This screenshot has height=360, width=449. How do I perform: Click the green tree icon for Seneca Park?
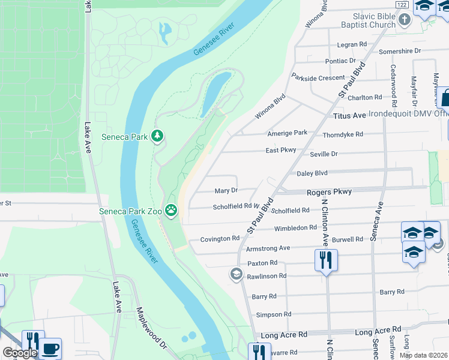click(x=157, y=136)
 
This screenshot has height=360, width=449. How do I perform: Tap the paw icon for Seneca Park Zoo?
click(x=172, y=210)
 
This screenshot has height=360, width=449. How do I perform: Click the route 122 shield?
click(x=402, y=4)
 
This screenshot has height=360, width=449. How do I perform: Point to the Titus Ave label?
click(x=349, y=115)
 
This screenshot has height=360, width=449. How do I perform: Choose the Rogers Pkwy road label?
click(x=328, y=191)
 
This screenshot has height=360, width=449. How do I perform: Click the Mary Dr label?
click(x=226, y=191)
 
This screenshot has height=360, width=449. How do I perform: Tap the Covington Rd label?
click(x=220, y=238)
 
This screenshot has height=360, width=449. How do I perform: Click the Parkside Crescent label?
click(x=318, y=78)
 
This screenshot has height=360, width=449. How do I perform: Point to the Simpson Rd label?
click(x=273, y=314)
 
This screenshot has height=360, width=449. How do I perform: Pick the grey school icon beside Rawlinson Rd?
click(x=236, y=274)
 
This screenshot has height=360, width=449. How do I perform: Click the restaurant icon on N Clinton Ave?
click(x=326, y=260)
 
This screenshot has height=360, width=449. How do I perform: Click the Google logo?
click(x=19, y=353)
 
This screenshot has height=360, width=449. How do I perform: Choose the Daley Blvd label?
click(x=312, y=173)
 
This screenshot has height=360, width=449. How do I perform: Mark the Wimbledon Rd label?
click(x=295, y=228)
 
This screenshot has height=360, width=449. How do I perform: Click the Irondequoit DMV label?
click(x=408, y=113)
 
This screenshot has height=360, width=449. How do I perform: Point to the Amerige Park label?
click(x=287, y=133)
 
